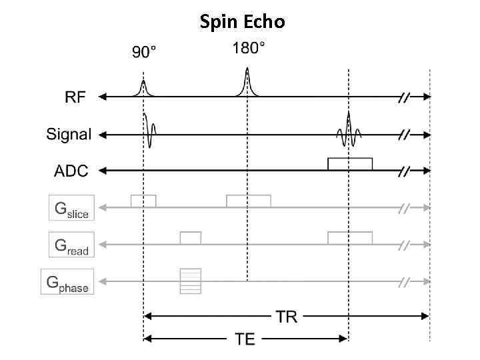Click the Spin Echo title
tap(242, 22)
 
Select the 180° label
tap(247, 49)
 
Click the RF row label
tap(75, 97)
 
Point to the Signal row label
tap(68, 135)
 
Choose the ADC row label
tap(71, 171)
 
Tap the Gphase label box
tap(67, 282)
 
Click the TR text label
tap(287, 316)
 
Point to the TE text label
tap(245, 339)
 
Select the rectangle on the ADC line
tap(350, 164)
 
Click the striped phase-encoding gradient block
tap(191, 281)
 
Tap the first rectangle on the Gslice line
tap(143, 201)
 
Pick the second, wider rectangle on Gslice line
tap(248, 201)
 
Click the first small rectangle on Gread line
tap(191, 237)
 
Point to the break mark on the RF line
tap(404, 97)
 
